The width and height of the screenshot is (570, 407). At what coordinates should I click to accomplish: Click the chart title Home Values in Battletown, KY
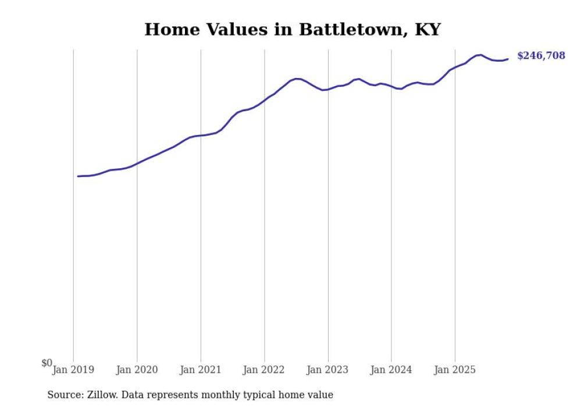(293, 29)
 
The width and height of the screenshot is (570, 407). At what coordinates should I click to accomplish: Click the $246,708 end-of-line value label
(540, 56)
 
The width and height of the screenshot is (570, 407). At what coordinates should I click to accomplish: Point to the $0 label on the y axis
(47, 363)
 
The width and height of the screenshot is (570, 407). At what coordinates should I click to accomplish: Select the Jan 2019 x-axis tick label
(73, 370)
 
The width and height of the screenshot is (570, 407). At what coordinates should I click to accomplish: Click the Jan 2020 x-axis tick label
(137, 370)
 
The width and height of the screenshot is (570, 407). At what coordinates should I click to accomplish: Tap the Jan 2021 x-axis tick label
(201, 370)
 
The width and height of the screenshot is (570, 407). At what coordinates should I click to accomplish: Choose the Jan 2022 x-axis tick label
(264, 370)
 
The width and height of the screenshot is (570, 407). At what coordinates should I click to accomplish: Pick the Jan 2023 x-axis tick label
(328, 370)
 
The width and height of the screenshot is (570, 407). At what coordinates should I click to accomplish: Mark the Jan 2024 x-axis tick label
(391, 370)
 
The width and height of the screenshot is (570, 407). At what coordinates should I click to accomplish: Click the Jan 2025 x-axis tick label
(455, 370)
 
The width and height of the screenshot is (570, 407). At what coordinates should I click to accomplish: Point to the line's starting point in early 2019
(78, 176)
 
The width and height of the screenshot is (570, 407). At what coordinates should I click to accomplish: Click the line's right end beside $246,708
(508, 59)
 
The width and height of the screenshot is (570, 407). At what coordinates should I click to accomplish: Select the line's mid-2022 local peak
(297, 79)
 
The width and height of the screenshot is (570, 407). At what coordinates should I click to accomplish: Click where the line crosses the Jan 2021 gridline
(201, 136)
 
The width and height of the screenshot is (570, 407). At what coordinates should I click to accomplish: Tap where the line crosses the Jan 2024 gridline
(391, 86)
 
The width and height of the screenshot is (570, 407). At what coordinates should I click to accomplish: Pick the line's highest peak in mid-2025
(480, 55)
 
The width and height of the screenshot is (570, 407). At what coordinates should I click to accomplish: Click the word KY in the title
(427, 29)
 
